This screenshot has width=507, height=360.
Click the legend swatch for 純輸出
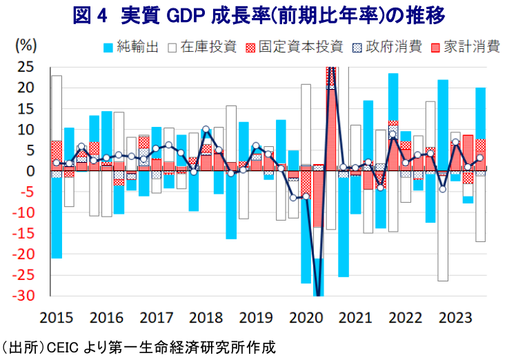pyautogui.click(x=108, y=48)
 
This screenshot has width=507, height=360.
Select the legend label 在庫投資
pyautogui.click(x=208, y=47)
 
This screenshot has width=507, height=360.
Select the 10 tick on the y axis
pyautogui.click(x=26, y=130)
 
